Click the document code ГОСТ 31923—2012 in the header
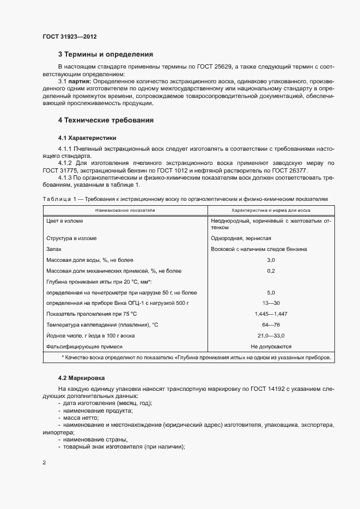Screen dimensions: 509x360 pos(69,36)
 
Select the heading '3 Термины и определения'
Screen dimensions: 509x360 pos(105,54)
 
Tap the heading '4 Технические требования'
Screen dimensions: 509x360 pos(106,120)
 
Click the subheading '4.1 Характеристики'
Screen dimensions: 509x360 pos(87,138)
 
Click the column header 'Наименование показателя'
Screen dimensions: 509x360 pos(125,210)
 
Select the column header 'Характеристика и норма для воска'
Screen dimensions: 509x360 pos(271,210)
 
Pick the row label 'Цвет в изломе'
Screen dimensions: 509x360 pos(65,221)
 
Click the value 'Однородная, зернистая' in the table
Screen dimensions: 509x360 pos(241,238)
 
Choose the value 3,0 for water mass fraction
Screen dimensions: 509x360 pos(271,260)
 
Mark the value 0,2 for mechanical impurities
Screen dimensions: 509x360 pos(271,271)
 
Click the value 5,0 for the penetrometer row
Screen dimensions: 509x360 pos(271,292)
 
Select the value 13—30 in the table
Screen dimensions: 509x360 pos(271,303)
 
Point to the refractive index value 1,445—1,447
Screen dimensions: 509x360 pos(271,314)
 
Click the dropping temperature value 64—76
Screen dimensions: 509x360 pos(271,325)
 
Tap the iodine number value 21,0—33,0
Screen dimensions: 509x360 pos(271,335)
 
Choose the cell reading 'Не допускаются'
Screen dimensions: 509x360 pos(271,346)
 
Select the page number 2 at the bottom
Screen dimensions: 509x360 pos(44,463)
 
